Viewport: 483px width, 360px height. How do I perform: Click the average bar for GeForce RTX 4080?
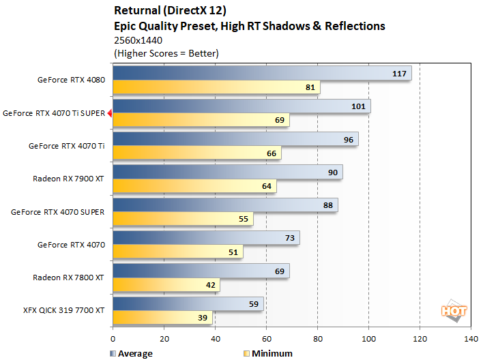[x=261, y=74]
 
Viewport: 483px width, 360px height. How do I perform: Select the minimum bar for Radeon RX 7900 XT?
[x=194, y=186]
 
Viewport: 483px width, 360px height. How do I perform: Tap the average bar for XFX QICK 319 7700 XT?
[x=188, y=304]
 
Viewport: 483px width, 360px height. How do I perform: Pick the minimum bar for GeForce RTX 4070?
[x=177, y=252]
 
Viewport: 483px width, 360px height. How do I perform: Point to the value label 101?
[x=359, y=106]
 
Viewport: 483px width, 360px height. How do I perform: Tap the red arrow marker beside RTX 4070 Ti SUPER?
[x=109, y=114]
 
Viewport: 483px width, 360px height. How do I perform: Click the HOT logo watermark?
[x=454, y=310]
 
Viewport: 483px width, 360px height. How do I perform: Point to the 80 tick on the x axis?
[x=317, y=338]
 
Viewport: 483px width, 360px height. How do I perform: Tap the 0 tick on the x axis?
[x=113, y=338]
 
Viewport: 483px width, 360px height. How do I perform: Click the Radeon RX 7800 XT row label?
[x=68, y=277]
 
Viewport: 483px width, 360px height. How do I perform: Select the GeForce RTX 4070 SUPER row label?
[x=57, y=212]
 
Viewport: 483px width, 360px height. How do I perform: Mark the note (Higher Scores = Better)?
[x=166, y=53]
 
